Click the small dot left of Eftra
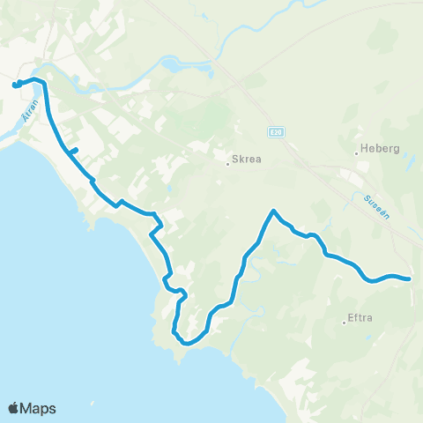[345, 323]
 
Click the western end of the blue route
[15, 85]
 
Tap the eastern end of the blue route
[410, 279]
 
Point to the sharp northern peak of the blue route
[274, 211]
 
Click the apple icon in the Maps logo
[13, 407]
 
